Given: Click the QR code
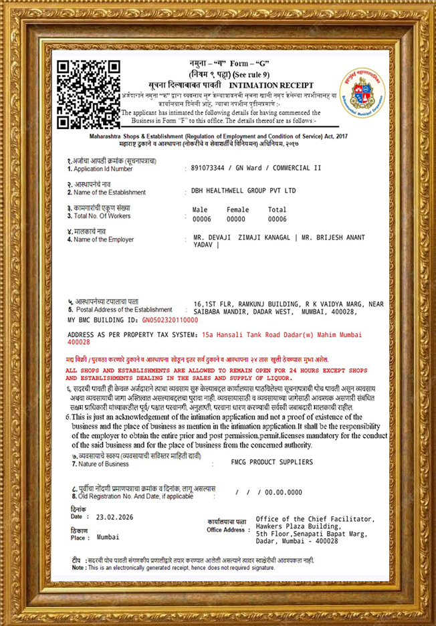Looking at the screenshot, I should tap(88, 94).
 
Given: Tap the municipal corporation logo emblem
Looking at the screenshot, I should tap(362, 92).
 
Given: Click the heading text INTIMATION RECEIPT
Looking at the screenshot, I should tap(266, 87).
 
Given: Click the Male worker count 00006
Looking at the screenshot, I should tap(201, 219).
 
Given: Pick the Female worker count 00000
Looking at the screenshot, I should tap(236, 219).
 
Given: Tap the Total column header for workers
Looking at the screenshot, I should tap(277, 210).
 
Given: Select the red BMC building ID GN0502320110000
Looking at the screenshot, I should tap(171, 320).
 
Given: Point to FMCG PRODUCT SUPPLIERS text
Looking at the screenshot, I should tap(271, 462).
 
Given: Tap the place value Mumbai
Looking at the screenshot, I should tap(108, 537).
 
